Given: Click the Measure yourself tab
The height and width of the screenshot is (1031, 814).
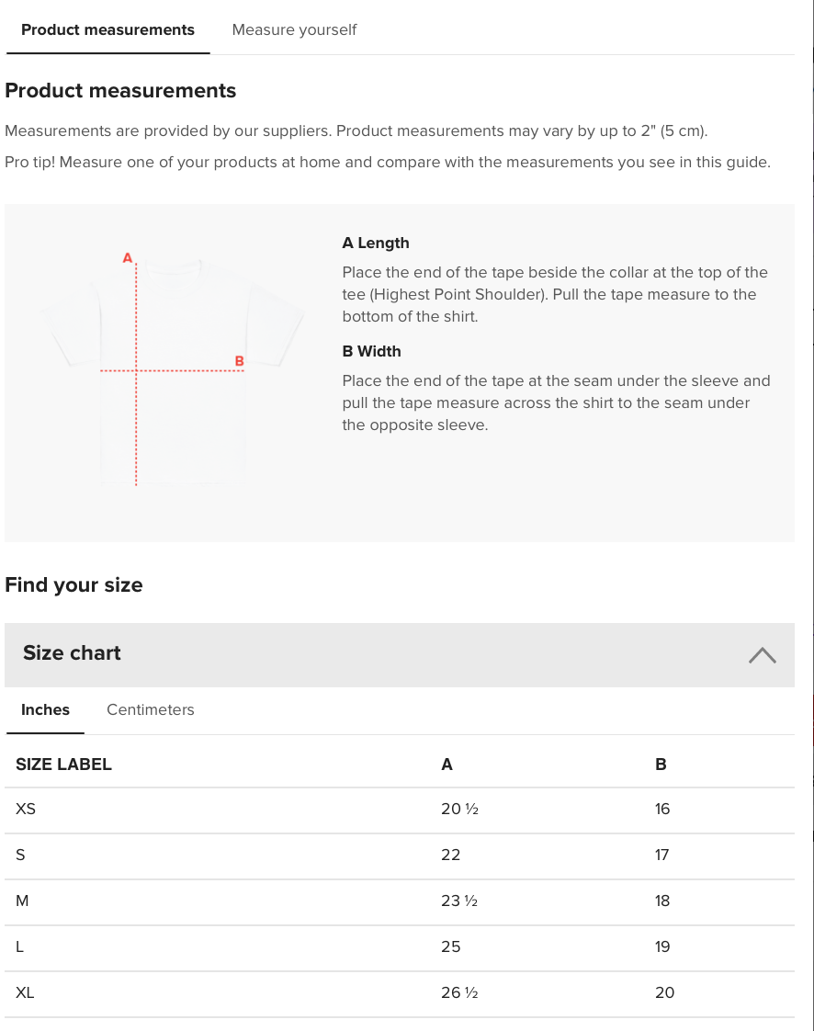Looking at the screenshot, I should (294, 30).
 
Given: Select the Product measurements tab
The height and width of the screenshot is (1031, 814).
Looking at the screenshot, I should (107, 30).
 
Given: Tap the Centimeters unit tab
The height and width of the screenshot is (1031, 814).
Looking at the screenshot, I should (150, 709).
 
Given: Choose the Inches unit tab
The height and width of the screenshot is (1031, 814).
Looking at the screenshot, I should (45, 709).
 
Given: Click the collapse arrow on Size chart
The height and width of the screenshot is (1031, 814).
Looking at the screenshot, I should (762, 654).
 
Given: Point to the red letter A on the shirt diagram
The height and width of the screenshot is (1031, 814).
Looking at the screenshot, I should (128, 258).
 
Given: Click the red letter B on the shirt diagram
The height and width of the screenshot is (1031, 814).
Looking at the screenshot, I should (239, 361).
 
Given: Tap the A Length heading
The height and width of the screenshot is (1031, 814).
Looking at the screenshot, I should (375, 244).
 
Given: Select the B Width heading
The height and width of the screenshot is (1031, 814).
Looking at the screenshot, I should (371, 351).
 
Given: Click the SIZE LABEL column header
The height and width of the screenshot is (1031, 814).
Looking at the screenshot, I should (63, 765).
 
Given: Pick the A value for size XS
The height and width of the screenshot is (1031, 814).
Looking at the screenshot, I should (459, 810).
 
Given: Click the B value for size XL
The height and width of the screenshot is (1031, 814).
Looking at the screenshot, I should (664, 992).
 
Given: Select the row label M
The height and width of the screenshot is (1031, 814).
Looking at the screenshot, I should (22, 901).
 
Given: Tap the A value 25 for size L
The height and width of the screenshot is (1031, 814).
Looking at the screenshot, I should (450, 946).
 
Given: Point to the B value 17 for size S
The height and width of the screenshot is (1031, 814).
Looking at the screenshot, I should (661, 855).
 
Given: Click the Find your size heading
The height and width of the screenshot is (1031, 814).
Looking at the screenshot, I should (73, 585).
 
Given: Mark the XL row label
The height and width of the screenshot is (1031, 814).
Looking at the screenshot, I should (25, 992).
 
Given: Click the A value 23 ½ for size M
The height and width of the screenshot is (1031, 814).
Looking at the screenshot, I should (459, 901).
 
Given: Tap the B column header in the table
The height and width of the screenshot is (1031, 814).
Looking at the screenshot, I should (661, 765).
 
